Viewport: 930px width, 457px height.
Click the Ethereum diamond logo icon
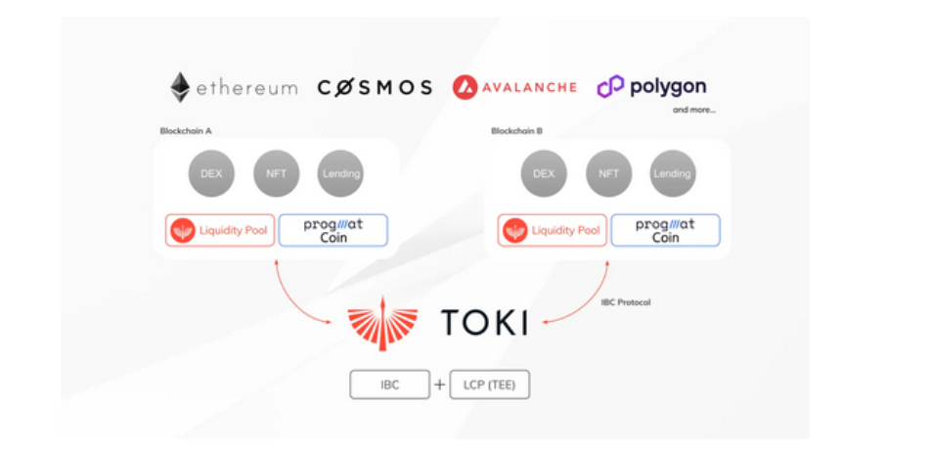click(180, 87)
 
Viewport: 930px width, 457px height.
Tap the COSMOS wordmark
click(375, 87)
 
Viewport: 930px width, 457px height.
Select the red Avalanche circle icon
click(465, 87)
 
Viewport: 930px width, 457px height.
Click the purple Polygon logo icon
click(611, 87)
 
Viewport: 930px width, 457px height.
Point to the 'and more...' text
click(693, 110)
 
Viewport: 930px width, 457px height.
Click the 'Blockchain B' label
click(516, 130)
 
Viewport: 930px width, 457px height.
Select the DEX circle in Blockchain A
click(211, 173)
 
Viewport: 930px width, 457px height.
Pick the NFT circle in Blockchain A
click(276, 173)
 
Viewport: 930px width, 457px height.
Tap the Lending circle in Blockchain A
click(340, 173)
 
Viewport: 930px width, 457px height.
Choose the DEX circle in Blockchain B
click(544, 173)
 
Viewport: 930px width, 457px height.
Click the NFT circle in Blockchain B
click(608, 173)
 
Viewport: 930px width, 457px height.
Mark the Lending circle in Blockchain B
click(673, 173)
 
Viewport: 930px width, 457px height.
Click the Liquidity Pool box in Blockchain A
click(220, 230)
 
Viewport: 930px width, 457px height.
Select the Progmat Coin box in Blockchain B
click(665, 230)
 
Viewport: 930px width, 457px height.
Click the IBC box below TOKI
click(389, 385)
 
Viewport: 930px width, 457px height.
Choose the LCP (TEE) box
click(489, 385)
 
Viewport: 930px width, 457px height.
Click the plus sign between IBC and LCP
click(439, 385)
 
